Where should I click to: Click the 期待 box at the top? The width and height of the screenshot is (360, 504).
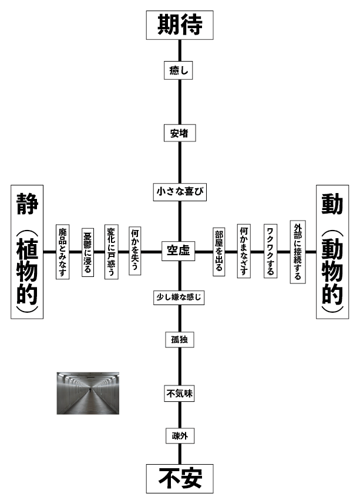180,25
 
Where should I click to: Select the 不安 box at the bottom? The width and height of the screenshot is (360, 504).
180,479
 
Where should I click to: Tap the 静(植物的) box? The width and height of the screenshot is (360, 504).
27,252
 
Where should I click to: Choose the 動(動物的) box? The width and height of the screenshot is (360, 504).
332,252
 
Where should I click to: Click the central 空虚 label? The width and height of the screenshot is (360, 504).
179,252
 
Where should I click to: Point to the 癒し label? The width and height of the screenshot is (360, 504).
179,70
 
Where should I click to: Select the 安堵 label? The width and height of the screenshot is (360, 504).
179,133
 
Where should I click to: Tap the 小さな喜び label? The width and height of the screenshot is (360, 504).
179,191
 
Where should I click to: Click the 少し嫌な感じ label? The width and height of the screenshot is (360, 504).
179,298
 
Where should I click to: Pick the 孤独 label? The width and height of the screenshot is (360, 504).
179,340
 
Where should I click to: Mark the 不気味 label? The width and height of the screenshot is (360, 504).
179,394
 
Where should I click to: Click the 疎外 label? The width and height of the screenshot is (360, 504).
179,436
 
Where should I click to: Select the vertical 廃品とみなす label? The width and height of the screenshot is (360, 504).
62,252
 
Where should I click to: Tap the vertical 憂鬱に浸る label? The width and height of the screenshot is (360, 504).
88,252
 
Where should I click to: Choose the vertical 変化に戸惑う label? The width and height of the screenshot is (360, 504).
111,252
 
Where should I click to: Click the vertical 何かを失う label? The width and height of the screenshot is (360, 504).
135,252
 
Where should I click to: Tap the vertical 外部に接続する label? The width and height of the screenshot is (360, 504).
298,252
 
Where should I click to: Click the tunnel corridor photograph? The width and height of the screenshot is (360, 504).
88,393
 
